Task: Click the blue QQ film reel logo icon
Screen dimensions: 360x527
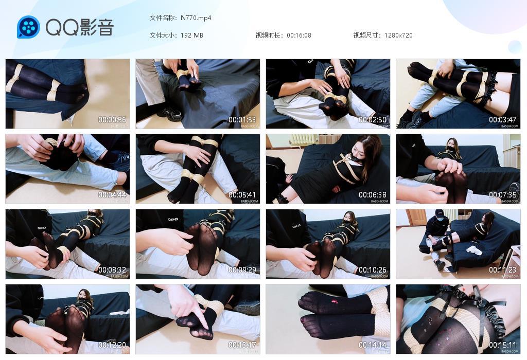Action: (28, 27)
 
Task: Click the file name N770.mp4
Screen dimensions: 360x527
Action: (196, 18)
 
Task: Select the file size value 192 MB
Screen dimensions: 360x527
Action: (192, 35)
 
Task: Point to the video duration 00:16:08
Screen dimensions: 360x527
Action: (299, 35)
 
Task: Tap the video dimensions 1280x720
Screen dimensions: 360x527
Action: (398, 35)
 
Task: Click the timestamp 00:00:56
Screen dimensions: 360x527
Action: (112, 120)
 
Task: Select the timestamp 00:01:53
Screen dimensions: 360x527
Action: (242, 120)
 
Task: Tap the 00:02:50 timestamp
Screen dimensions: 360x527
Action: (373, 120)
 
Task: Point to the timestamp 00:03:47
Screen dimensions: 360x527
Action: (503, 120)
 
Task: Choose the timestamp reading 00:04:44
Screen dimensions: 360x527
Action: (112, 195)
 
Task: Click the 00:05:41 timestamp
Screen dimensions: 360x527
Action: (242, 195)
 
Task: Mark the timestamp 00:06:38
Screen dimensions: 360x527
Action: (373, 195)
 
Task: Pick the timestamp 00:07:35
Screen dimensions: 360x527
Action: (503, 195)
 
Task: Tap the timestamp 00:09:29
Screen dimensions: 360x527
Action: (242, 270)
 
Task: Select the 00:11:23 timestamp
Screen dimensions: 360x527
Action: (503, 270)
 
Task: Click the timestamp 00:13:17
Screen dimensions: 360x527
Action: (242, 345)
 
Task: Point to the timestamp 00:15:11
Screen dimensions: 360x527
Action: (503, 345)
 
